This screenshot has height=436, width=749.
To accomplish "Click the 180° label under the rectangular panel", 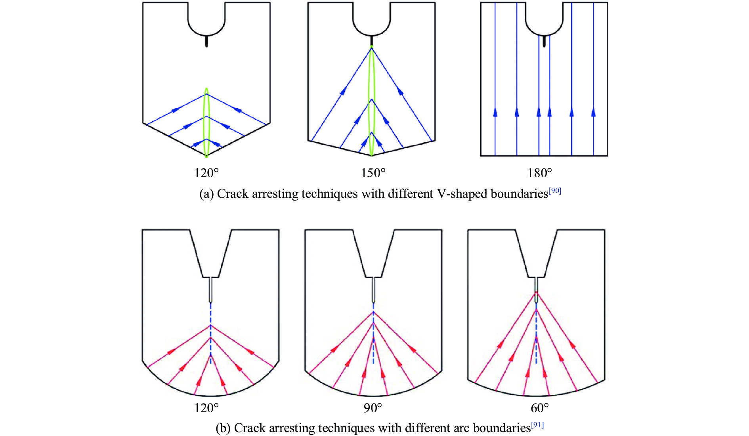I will click(x=539, y=173).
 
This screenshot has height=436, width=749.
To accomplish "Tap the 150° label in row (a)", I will click(x=373, y=173).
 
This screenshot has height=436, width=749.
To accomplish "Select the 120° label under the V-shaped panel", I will click(x=206, y=173).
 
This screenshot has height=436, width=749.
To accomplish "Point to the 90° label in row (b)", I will click(x=373, y=408).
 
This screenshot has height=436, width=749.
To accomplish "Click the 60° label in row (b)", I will click(x=540, y=408).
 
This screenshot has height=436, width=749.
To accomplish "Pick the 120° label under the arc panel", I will click(x=206, y=408).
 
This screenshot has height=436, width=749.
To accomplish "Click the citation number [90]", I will click(x=555, y=191).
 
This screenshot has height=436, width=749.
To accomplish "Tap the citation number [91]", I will click(x=537, y=425).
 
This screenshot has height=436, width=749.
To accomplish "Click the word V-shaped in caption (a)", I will click(x=462, y=194).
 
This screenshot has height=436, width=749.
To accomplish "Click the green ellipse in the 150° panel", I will click(x=371, y=99).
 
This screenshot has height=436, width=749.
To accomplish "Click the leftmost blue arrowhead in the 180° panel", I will click(x=495, y=113).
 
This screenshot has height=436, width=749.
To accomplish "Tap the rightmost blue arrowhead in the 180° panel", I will click(x=593, y=113).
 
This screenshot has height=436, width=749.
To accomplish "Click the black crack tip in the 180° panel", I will click(x=544, y=41).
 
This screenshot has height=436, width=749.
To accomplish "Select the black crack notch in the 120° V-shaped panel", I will click(x=206, y=41).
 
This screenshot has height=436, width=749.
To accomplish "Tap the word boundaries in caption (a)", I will click(x=519, y=194).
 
